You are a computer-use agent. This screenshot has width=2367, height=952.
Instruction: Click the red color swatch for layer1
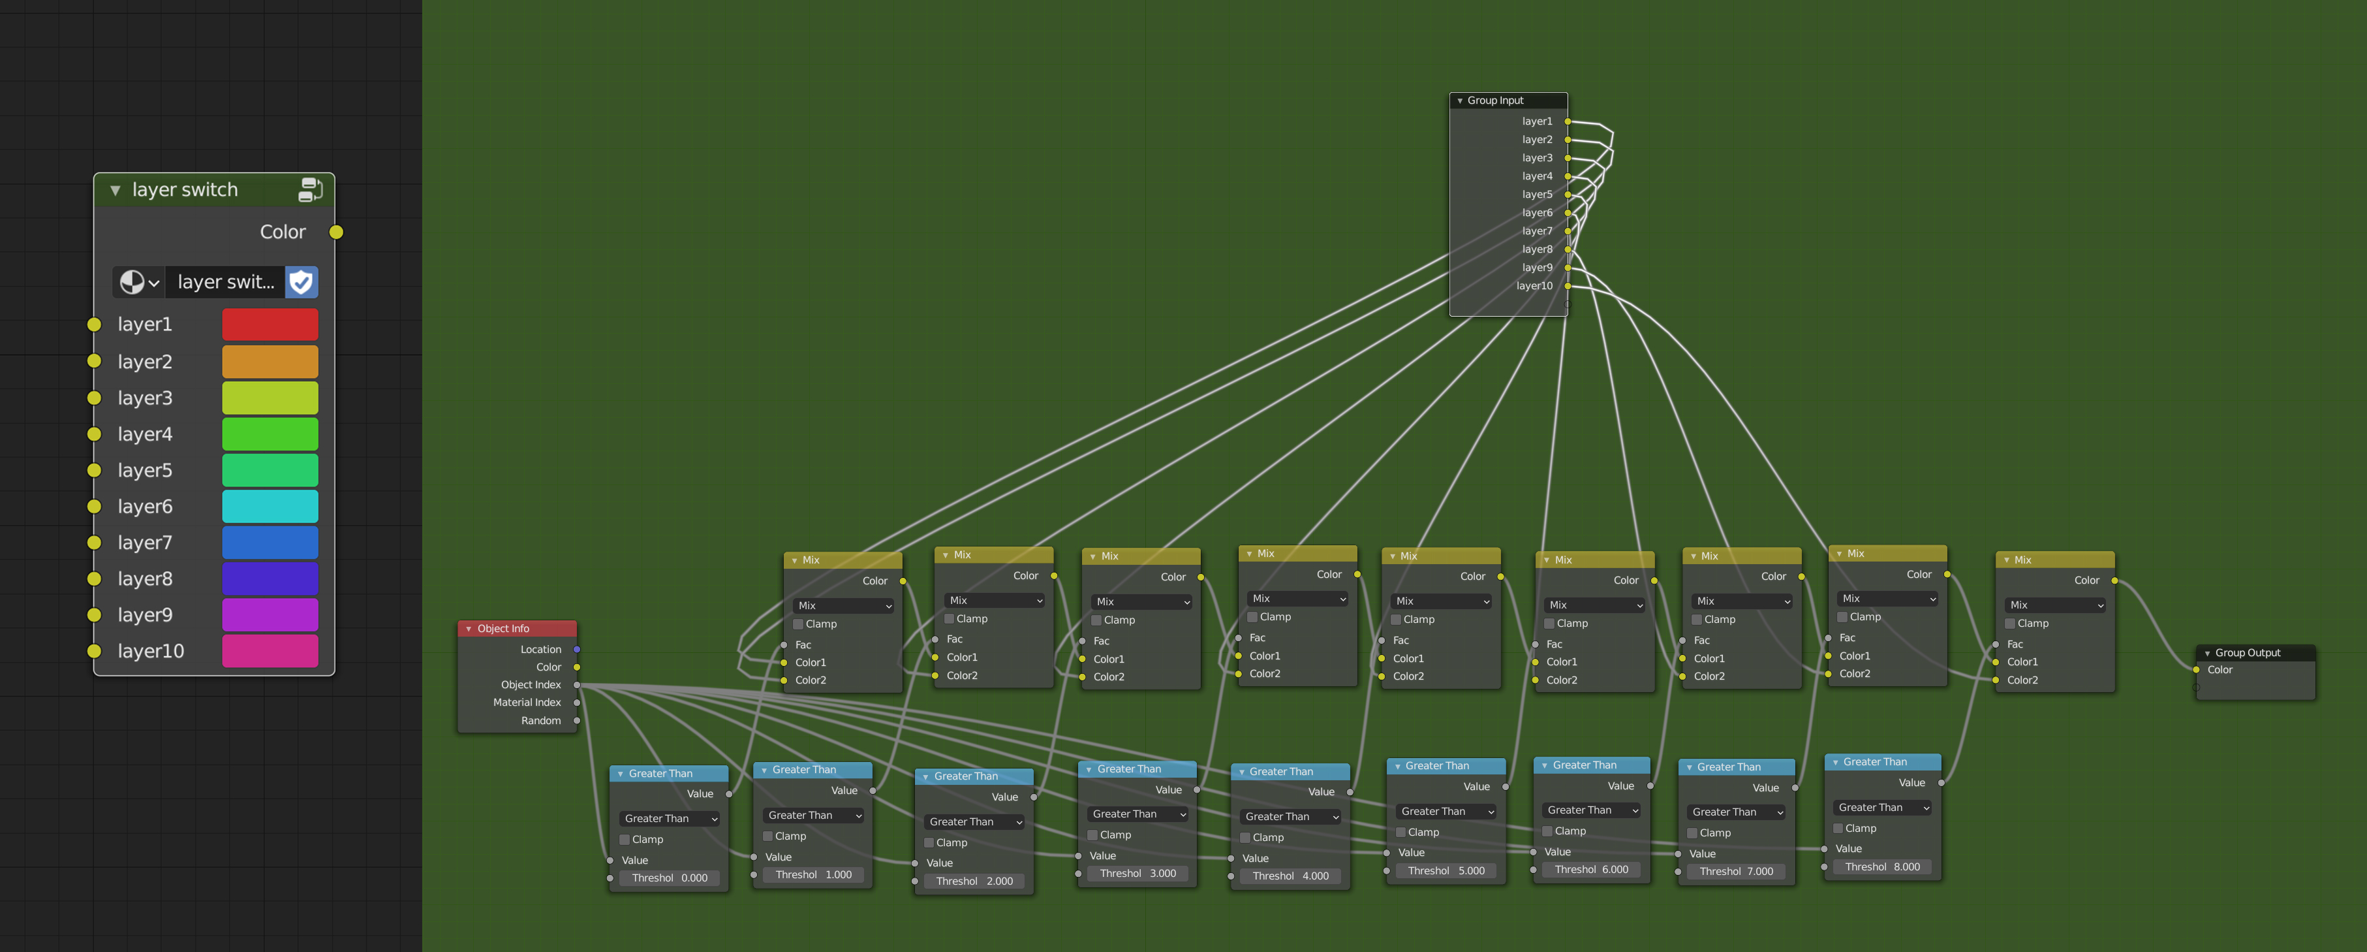(270, 325)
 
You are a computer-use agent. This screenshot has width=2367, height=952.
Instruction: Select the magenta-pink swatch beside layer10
(270, 650)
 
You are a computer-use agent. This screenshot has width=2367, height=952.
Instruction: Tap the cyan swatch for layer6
(270, 506)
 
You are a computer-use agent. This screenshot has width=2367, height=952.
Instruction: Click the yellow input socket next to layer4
(94, 434)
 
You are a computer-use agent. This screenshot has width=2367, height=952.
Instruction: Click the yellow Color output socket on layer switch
(336, 232)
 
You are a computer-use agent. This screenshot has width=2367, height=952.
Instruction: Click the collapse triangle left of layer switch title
(116, 190)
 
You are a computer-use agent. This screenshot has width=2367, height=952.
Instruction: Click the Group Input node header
(1507, 100)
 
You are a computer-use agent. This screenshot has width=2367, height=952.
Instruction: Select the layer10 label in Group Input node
(1534, 286)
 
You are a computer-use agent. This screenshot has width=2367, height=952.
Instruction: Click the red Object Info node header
(516, 629)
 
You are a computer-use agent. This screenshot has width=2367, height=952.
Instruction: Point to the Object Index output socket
(577, 684)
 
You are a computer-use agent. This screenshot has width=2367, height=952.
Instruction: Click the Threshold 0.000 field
(670, 878)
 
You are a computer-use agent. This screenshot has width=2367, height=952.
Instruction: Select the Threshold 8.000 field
(1882, 866)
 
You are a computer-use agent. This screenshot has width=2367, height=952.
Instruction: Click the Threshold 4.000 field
(1290, 876)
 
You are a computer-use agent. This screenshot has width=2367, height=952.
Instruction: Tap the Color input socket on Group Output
(2196, 670)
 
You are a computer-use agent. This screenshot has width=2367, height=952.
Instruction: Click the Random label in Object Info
(540, 720)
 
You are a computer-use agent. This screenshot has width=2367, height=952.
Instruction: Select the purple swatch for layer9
(270, 615)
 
